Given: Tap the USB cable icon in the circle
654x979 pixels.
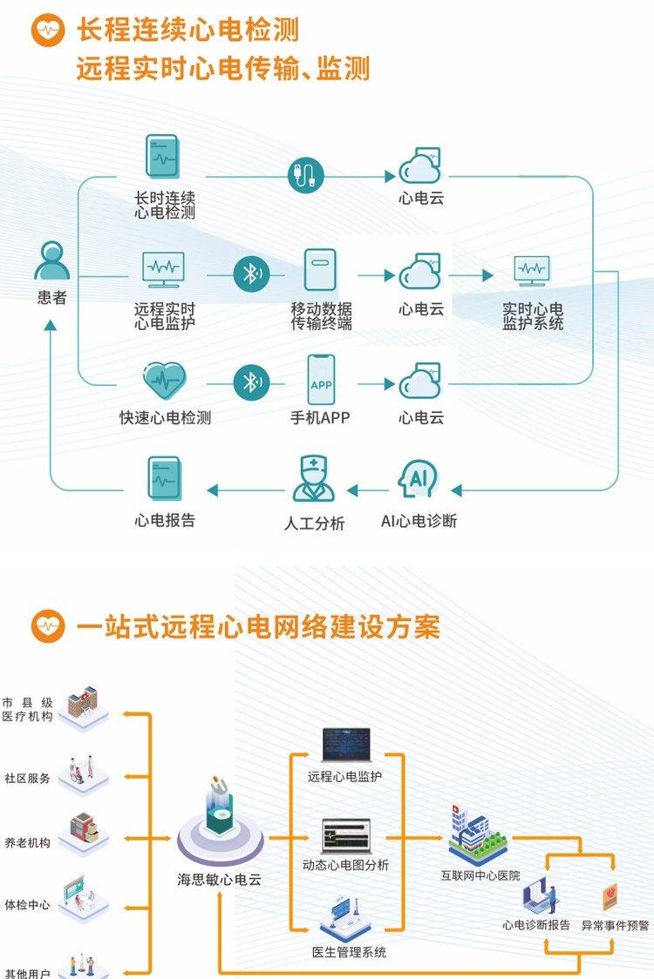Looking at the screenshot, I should [306, 175].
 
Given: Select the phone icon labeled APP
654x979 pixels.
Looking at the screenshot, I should [321, 381].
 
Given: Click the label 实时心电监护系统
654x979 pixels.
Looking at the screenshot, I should [532, 316].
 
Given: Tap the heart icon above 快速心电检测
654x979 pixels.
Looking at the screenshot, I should [165, 381].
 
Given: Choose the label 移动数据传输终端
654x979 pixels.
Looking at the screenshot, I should [321, 316].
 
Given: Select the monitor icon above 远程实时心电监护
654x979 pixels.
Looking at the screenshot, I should [164, 270].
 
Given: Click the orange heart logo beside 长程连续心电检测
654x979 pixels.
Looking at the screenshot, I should [48, 30].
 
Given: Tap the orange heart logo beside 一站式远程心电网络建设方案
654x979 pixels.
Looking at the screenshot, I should [48, 626].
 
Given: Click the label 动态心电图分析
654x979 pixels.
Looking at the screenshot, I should [345, 865].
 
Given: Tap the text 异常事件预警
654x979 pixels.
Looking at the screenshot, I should [615, 925].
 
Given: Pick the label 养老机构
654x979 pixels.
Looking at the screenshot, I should [27, 842].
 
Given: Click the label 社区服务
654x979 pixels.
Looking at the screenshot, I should [27, 778].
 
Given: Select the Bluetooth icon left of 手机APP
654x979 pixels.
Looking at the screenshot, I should [251, 381].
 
